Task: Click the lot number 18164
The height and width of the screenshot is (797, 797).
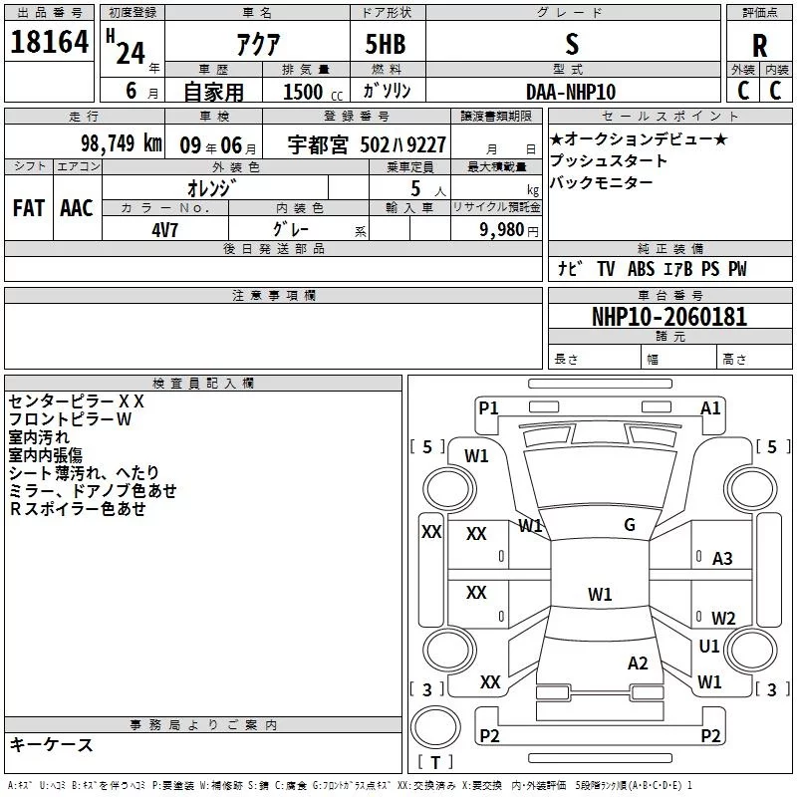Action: pyautogui.click(x=48, y=45)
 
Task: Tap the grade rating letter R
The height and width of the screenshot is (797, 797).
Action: pyautogui.click(x=759, y=46)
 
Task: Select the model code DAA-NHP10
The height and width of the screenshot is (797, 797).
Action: pyautogui.click(x=571, y=91)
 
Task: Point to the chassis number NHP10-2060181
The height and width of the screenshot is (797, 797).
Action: pyautogui.click(x=669, y=317)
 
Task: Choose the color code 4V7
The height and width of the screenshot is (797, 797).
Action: pyautogui.click(x=165, y=229)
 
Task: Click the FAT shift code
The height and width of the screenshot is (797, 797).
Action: pyautogui.click(x=29, y=208)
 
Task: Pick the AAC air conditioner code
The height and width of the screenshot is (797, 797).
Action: pyautogui.click(x=77, y=208)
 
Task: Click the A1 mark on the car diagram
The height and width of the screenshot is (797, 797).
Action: pyautogui.click(x=710, y=407)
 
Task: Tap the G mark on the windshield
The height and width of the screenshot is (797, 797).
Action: pyautogui.click(x=630, y=525)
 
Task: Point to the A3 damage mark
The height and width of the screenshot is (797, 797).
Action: pyautogui.click(x=722, y=559)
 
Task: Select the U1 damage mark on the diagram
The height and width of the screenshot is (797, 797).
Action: pyautogui.click(x=709, y=647)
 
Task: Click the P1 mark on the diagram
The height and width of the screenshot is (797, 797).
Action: pyautogui.click(x=488, y=407)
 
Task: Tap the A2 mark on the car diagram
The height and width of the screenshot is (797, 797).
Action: pyautogui.click(x=638, y=664)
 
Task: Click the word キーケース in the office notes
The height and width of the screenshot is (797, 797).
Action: pyautogui.click(x=51, y=744)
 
